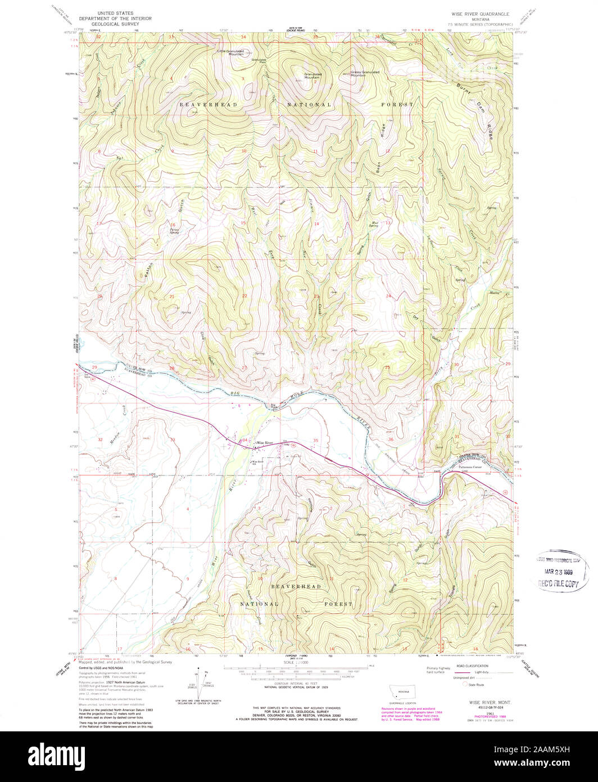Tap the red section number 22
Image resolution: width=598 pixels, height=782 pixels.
244,295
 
